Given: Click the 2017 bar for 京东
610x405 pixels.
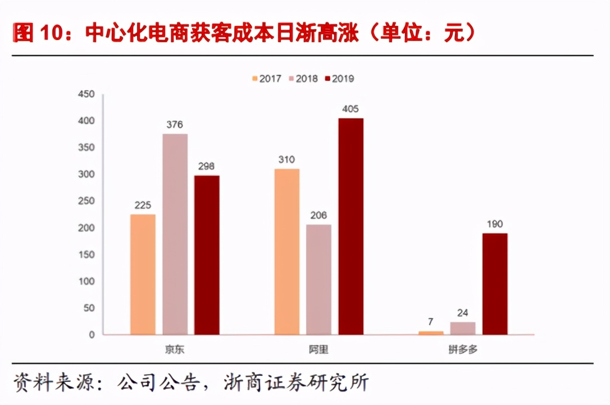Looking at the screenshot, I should point(143,274).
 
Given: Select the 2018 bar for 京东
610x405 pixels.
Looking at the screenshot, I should point(175,234).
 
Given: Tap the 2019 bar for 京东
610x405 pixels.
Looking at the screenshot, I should point(207,255).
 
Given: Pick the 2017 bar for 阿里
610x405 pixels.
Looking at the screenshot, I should point(287,251).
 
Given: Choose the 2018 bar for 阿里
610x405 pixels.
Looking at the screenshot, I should point(318,280).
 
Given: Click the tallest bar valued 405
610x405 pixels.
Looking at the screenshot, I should point(350,226).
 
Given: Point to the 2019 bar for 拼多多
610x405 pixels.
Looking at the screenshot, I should point(495,284).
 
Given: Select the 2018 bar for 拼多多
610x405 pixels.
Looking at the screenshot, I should point(463,328).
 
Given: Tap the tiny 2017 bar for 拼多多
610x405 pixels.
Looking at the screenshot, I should point(431,333).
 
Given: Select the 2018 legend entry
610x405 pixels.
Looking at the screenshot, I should point(303,79).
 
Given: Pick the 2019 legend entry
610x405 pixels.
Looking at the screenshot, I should point(339,79).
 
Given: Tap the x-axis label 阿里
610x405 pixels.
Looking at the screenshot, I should point(318,349).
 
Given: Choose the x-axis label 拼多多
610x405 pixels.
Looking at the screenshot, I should point(463,349).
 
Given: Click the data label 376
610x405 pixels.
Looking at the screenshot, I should point(175,125).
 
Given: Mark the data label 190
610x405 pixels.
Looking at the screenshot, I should point(495,224).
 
